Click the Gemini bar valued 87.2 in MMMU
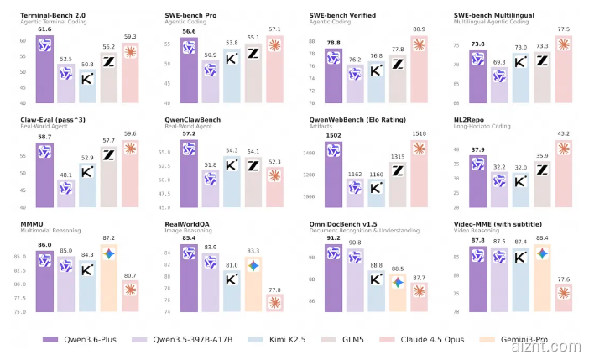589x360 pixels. [109, 277]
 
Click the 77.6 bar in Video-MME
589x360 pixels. [563, 298]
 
